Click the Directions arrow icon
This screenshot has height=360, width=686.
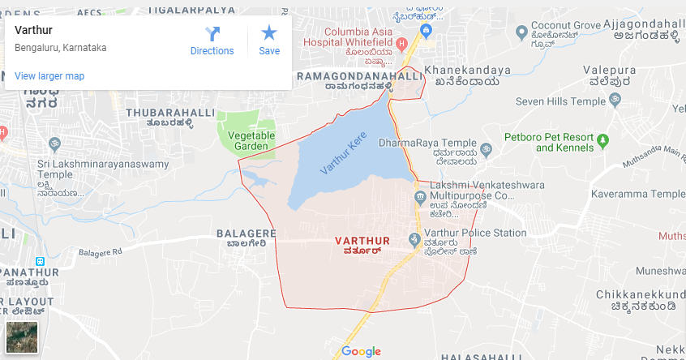click(x=212, y=34)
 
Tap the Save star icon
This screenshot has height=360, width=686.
click(x=269, y=33)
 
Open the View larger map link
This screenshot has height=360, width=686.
click(x=49, y=76)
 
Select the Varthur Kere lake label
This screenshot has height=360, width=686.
click(x=343, y=153)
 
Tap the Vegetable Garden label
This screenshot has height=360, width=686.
click(x=252, y=140)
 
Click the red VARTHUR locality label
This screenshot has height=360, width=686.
click(x=362, y=241)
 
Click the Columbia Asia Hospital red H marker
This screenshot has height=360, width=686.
click(x=401, y=41)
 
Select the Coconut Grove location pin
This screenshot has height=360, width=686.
click(x=522, y=32)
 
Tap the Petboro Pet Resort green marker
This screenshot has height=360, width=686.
click(x=602, y=142)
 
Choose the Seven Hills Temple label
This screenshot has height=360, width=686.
click(x=561, y=101)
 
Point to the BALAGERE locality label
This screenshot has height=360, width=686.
click(x=242, y=234)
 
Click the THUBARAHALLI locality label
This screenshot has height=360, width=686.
click(x=159, y=114)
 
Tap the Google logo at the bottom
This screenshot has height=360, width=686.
click(x=361, y=351)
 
